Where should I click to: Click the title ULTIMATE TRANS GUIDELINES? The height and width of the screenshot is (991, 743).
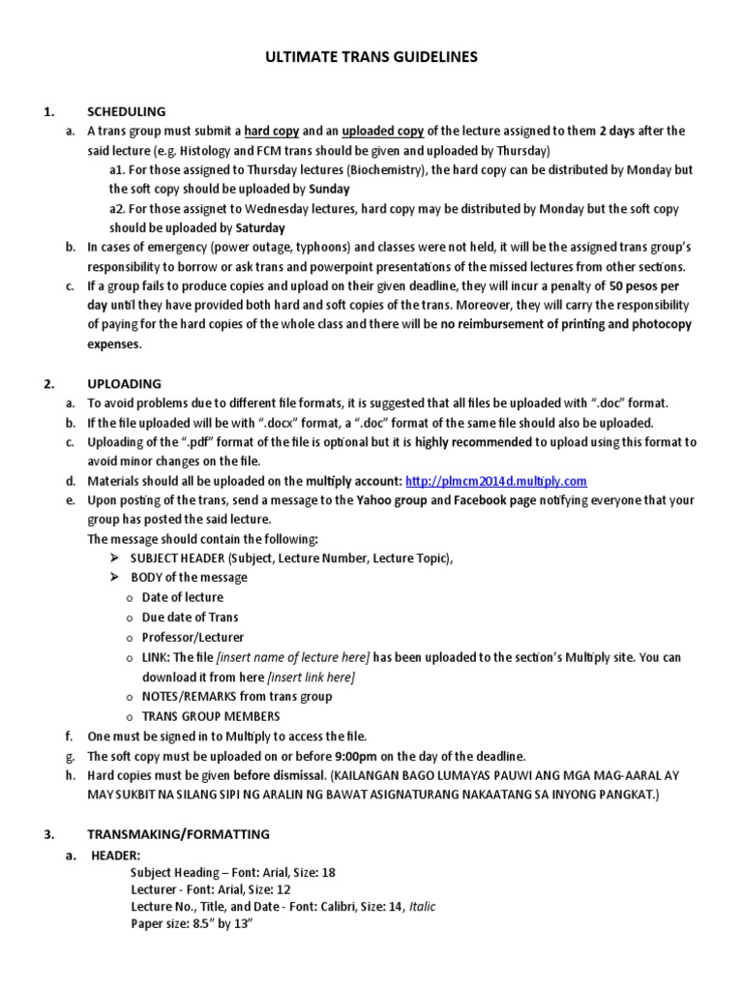pyautogui.click(x=371, y=59)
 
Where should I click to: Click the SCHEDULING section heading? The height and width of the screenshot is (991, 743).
pyautogui.click(x=126, y=111)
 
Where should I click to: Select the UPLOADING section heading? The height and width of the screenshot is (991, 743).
pyautogui.click(x=124, y=383)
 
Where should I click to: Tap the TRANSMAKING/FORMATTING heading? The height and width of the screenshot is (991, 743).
pyautogui.click(x=179, y=833)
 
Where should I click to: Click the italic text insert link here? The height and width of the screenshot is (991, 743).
pyautogui.click(x=311, y=676)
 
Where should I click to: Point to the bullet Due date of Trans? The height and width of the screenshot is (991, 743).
pyautogui.click(x=191, y=616)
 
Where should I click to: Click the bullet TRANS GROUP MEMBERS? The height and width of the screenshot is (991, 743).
pyautogui.click(x=211, y=716)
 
